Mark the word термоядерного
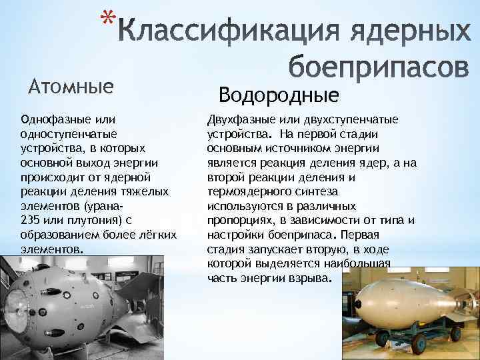(247, 191)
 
